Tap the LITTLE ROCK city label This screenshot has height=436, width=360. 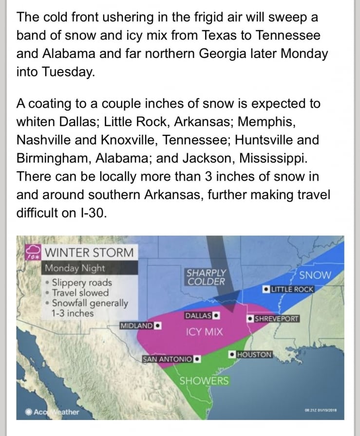pos(292,289)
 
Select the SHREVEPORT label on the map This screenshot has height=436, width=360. pos(277,319)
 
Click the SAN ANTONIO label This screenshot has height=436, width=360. pos(167,359)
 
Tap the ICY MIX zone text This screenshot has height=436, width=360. pos(205,332)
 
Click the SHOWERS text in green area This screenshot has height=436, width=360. pos(204,381)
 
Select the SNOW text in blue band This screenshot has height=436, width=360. pos(315,275)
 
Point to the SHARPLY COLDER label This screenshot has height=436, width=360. pos(207,277)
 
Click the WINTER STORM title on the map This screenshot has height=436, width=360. pos(89,253)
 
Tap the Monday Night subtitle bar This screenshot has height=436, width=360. pos(76,268)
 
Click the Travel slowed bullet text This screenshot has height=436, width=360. pos(80,293)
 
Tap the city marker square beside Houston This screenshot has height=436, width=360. pos(232,354)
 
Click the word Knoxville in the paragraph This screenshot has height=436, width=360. pos(130,140)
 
